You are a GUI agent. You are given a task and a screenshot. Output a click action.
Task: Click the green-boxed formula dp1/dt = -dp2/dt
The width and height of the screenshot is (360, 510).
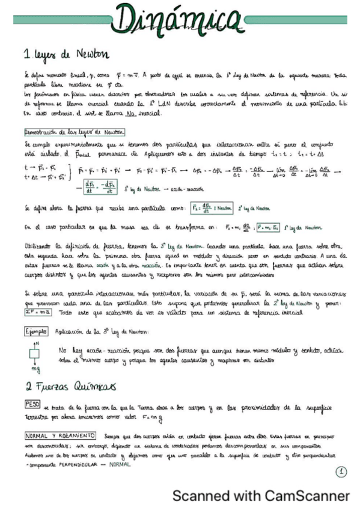tap(99, 188)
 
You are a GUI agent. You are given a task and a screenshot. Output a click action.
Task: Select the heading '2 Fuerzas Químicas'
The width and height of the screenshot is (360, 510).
tap(71, 385)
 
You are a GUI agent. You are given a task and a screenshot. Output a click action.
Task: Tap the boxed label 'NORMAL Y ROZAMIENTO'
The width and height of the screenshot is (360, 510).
tap(58, 434)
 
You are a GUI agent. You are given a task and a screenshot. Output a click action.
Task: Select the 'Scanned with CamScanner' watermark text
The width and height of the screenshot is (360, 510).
tap(260, 496)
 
